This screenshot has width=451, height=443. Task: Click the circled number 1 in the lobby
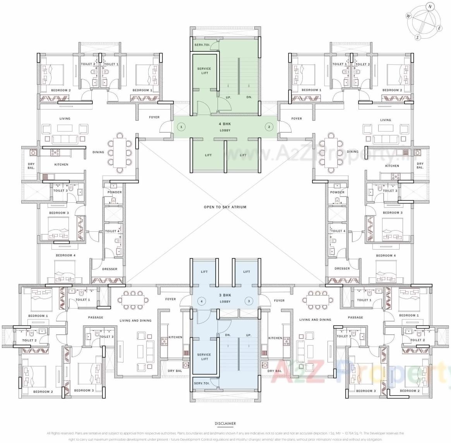point(181,127)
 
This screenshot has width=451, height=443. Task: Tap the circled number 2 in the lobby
point(269,127)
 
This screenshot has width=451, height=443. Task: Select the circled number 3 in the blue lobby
point(249,301)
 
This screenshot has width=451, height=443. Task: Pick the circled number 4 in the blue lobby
point(201,301)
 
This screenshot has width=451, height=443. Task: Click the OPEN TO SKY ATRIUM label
point(225,207)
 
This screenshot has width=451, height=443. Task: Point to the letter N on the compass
point(430,7)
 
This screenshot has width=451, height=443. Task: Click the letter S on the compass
point(417,38)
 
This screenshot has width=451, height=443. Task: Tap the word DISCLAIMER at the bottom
point(225,424)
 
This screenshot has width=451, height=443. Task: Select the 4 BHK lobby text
point(225,127)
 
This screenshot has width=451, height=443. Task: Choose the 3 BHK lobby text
point(225,298)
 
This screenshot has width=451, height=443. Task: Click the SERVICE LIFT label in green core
point(204,71)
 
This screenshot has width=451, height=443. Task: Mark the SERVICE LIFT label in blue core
point(204,357)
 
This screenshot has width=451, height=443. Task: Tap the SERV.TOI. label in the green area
point(202,45)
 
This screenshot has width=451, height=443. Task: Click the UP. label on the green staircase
point(228,97)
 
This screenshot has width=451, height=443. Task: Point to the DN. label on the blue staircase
point(228,335)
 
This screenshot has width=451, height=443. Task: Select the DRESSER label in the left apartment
point(110,269)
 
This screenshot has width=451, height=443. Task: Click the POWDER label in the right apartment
point(337,192)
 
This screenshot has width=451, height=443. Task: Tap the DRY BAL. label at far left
point(31,166)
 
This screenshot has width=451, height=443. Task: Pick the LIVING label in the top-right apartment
point(386,120)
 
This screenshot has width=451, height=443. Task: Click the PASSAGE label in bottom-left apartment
point(96,317)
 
